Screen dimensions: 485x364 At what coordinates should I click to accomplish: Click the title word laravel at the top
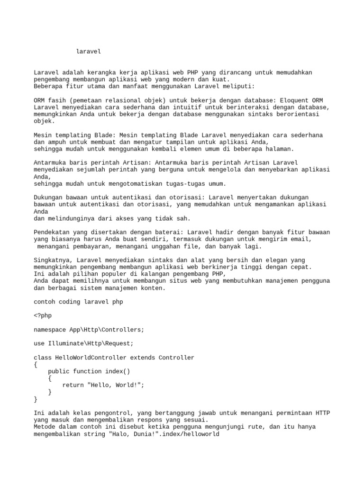click(x=89, y=51)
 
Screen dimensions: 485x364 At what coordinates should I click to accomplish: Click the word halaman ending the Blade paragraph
click(x=280, y=149)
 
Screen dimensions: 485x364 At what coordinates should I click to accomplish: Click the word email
click(x=301, y=239)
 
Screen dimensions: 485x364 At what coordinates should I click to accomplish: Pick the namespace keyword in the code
click(x=50, y=330)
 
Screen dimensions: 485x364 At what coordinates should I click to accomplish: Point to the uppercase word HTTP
click(x=322, y=413)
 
